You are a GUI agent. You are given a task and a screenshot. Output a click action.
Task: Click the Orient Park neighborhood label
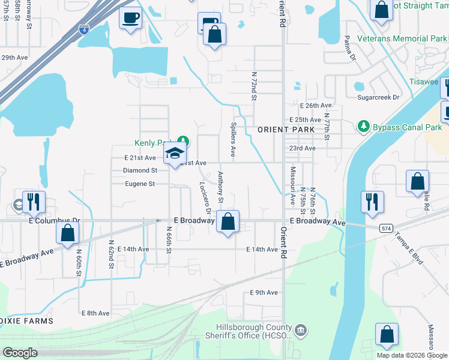pyautogui.click(x=286, y=130)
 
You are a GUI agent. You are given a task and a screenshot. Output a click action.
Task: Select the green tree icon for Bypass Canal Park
pyautogui.click(x=363, y=127)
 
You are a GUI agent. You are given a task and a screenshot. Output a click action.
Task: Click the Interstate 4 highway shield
pyautogui.click(x=82, y=29)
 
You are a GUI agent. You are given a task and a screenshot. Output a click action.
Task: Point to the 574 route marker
pyautogui.click(x=386, y=228)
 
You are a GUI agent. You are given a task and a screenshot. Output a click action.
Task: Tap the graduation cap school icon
pyautogui.click(x=175, y=154)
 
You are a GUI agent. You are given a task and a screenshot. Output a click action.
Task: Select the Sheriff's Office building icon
pyautogui.click(x=301, y=329)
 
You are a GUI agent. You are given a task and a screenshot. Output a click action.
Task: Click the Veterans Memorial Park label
pyautogui.click(x=402, y=38)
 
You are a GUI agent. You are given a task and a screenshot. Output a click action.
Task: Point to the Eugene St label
pyautogui.click(x=139, y=184)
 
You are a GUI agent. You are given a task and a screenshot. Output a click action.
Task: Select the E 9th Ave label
pyautogui.click(x=264, y=293)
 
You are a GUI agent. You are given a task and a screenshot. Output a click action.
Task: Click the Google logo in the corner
pyautogui.click(x=20, y=352)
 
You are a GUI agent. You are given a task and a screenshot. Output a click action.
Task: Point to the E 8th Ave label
pyautogui.click(x=95, y=313)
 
